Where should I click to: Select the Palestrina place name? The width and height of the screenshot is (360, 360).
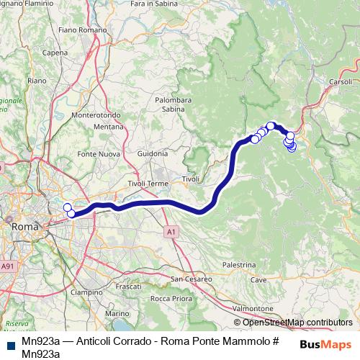[x=239, y=266]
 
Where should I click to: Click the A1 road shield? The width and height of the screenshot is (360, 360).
[x=170, y=232]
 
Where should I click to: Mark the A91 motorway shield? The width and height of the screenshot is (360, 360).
[x=8, y=266]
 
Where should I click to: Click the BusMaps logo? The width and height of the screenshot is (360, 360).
[x=325, y=343]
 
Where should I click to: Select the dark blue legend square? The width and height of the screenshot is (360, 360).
[x=8, y=341]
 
